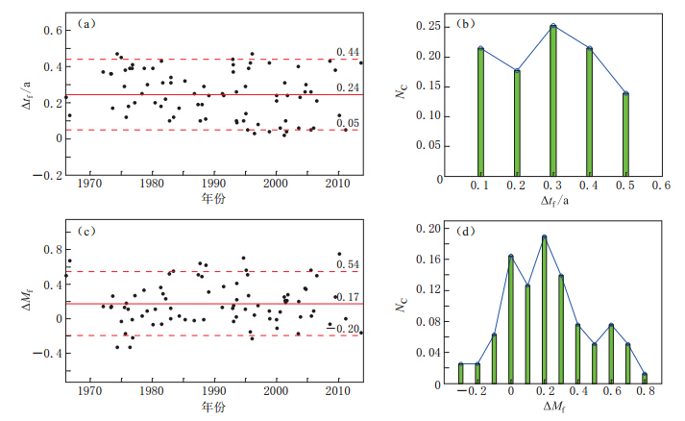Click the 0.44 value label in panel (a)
point(348,51)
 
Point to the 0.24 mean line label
point(348,87)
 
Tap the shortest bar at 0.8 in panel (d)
point(644,376)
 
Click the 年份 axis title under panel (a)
point(215,197)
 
